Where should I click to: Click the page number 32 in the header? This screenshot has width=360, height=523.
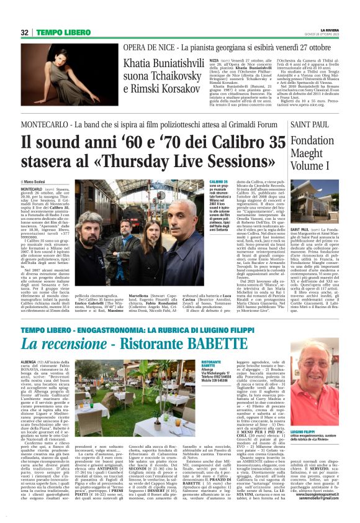click(x=25, y=32)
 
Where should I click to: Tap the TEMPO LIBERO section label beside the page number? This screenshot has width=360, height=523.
click(x=65, y=32)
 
